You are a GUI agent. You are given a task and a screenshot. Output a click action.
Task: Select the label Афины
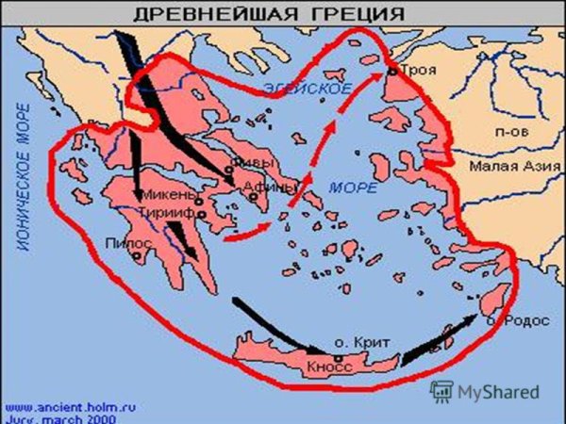tap(259, 186)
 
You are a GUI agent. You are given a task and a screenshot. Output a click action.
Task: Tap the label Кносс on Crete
tap(329, 365)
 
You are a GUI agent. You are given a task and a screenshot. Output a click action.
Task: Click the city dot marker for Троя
tap(391, 72)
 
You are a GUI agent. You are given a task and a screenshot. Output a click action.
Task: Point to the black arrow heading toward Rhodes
tap(439, 341)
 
